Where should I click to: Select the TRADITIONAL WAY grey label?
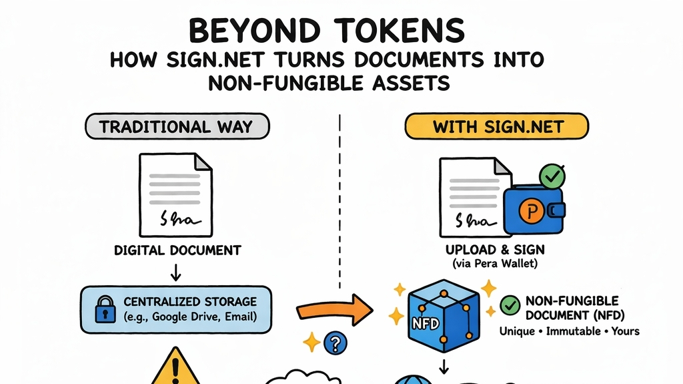tap(177, 127)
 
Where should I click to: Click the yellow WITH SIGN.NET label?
tap(497, 127)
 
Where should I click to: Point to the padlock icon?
tap(104, 310)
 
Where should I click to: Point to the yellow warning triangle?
tap(175, 368)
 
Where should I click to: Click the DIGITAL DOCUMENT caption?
tap(177, 251)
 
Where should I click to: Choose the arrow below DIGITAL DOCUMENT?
tap(177, 272)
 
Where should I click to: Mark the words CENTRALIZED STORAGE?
tap(190, 302)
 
